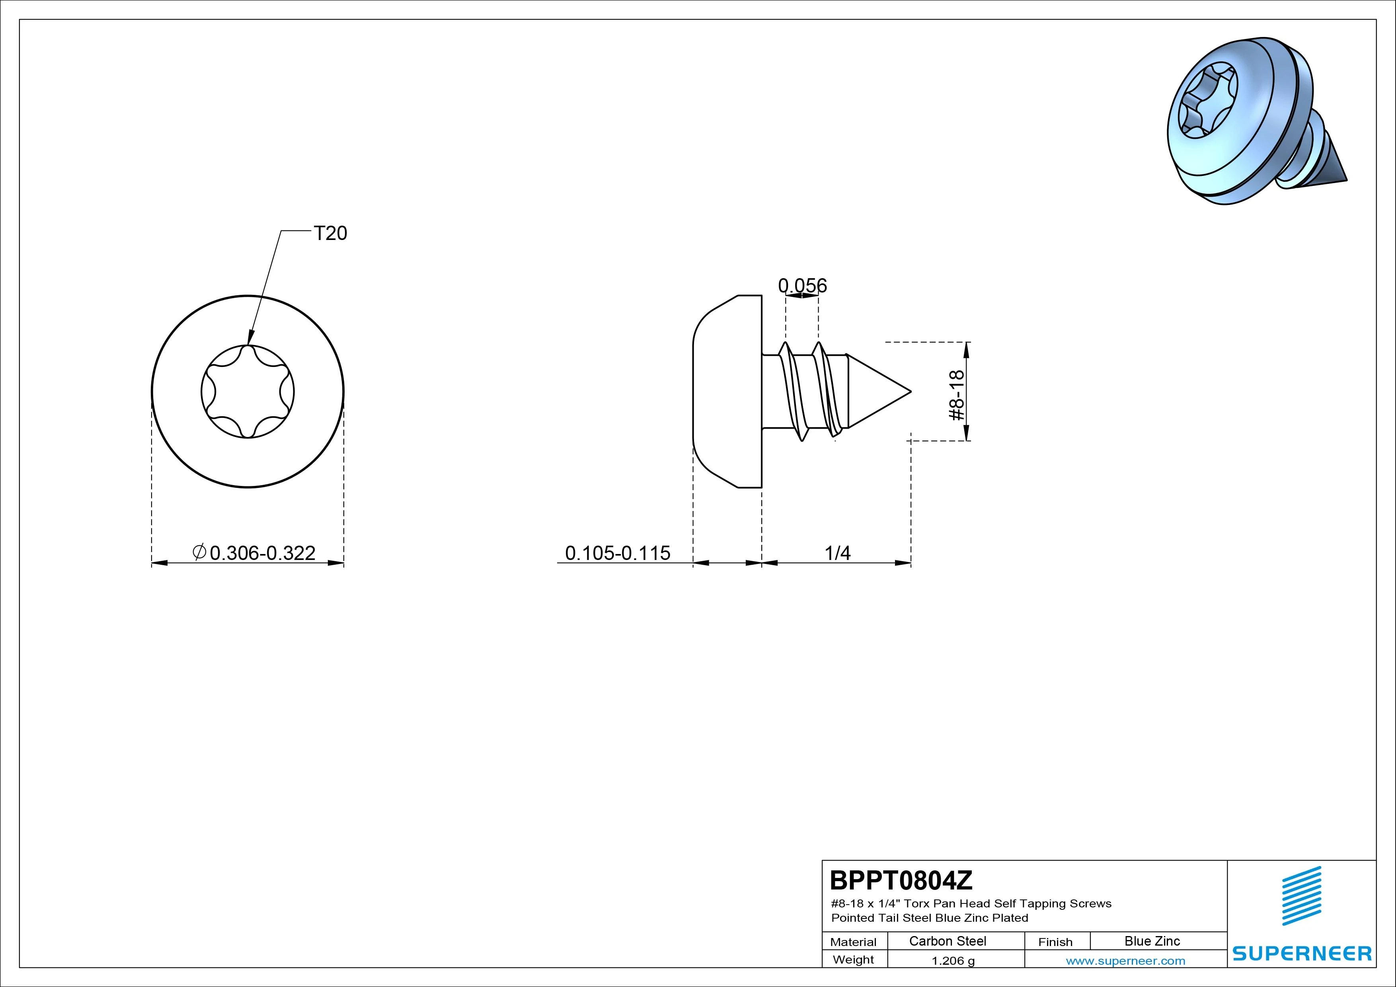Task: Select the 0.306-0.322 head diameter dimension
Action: click(x=262, y=553)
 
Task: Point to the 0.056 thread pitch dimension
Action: click(x=803, y=285)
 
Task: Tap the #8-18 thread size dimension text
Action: click(x=956, y=395)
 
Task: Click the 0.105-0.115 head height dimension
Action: click(x=617, y=553)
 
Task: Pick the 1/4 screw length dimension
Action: click(x=837, y=553)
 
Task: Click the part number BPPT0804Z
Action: click(x=901, y=880)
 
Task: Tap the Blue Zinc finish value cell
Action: click(x=1152, y=941)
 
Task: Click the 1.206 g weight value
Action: click(x=953, y=961)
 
